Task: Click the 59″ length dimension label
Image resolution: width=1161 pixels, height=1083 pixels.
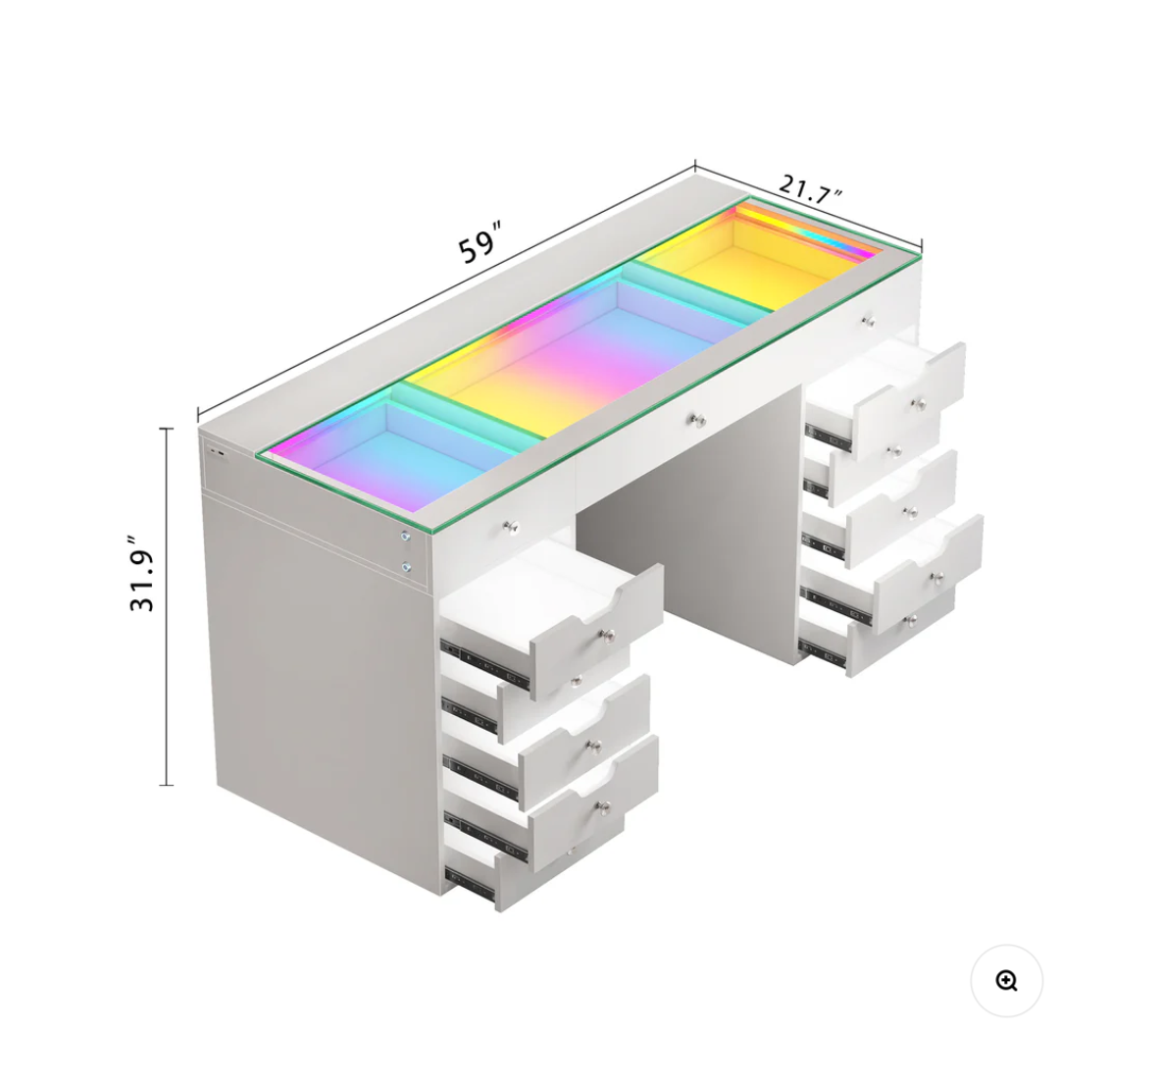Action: tap(480, 240)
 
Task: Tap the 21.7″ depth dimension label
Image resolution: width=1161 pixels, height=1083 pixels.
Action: tap(810, 188)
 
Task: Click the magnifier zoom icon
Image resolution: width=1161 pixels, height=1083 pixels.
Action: tap(1006, 981)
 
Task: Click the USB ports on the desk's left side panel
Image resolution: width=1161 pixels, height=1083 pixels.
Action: tap(217, 450)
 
